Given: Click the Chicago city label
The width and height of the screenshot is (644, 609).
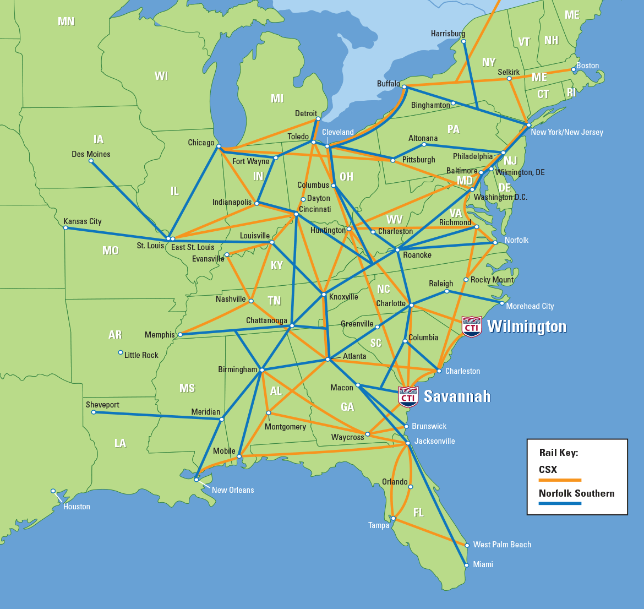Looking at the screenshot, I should [201, 143].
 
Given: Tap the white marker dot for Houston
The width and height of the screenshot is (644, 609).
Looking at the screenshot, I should [53, 491].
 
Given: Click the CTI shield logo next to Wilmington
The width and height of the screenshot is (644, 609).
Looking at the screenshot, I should [472, 327].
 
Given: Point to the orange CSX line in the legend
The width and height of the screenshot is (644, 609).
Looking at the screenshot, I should [560, 480].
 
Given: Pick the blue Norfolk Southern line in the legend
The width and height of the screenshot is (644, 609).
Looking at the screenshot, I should [560, 503].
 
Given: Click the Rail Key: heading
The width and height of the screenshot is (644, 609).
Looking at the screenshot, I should [558, 453].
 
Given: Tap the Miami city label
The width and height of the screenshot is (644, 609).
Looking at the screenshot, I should [483, 564].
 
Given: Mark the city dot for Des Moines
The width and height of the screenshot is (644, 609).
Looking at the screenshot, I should [91, 161].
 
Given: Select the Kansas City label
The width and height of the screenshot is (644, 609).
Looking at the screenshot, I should [83, 221].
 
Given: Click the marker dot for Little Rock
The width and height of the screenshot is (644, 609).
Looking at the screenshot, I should [121, 352].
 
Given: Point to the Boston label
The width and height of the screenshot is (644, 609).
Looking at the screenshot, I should [587, 66].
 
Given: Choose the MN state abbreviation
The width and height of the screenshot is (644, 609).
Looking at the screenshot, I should [66, 21].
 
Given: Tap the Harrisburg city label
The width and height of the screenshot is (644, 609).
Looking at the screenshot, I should [448, 34].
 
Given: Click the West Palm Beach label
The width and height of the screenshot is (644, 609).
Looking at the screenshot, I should [502, 545].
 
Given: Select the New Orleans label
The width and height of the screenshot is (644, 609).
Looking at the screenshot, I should [233, 490].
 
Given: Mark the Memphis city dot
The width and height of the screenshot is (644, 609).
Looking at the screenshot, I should [180, 334].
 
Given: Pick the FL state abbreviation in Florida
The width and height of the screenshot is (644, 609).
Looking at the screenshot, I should [418, 513].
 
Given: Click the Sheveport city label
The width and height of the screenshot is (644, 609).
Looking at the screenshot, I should [102, 405].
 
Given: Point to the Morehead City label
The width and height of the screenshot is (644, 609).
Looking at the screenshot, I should [530, 306].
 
